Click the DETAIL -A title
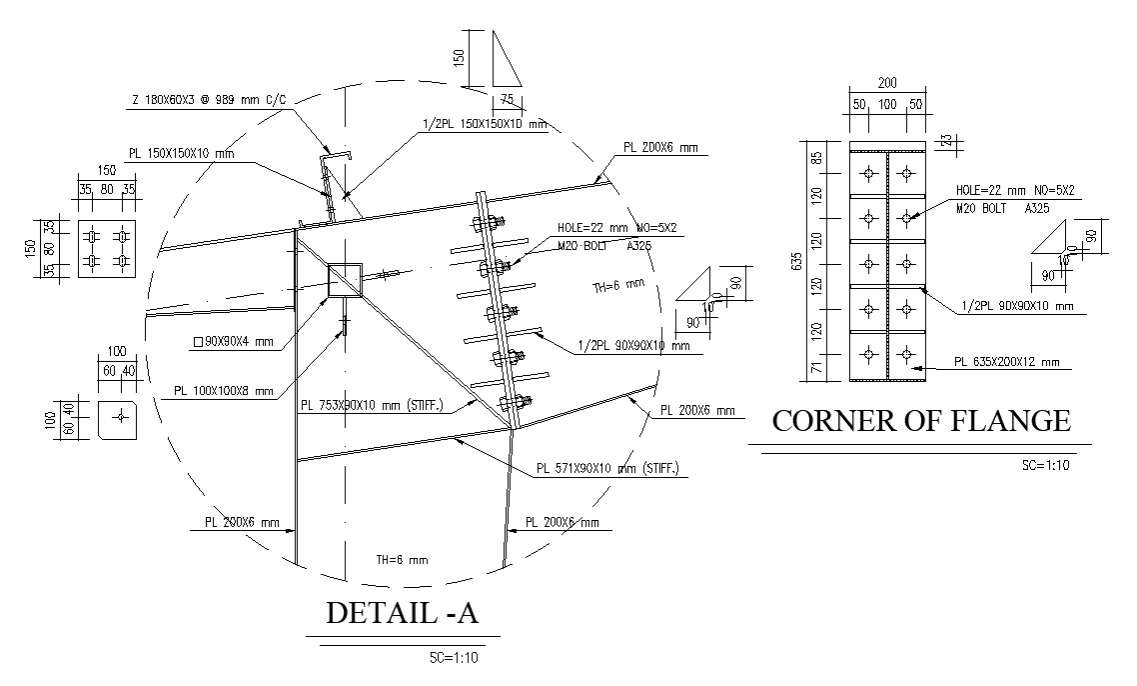coord(403,614)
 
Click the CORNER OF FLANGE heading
coord(920,421)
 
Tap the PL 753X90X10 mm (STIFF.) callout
coord(386,406)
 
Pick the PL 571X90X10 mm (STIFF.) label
coord(611,467)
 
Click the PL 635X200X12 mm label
coord(1006,362)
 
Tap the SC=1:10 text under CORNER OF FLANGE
coord(1045,465)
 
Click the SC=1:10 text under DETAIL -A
coord(454,658)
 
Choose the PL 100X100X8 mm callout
coord(223,391)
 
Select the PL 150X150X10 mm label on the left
coord(181,154)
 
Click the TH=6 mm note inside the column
coord(402,559)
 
